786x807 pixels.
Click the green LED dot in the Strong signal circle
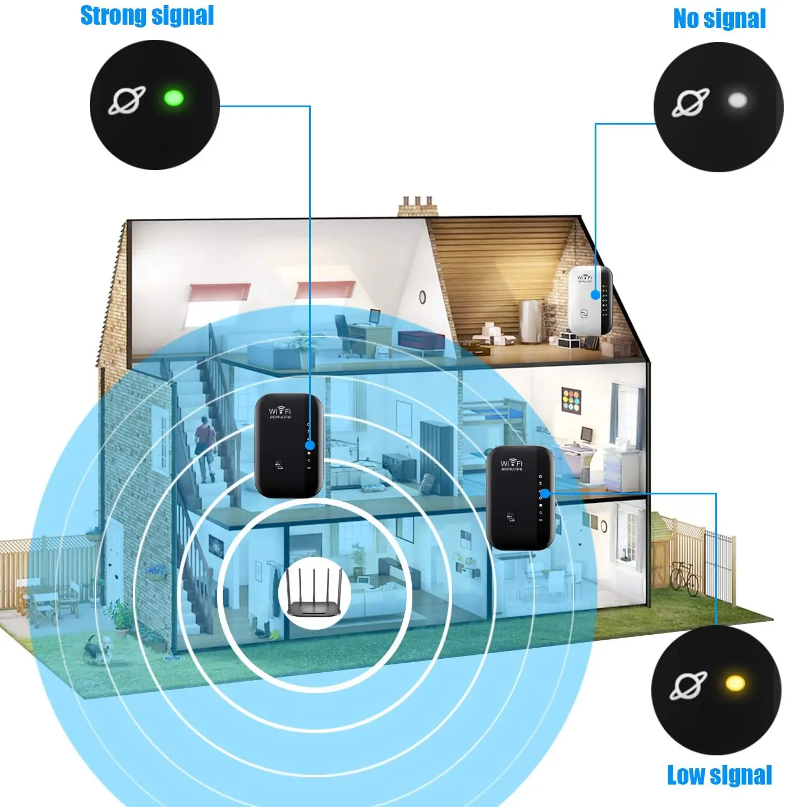[173, 98]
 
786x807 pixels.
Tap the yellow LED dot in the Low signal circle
[735, 683]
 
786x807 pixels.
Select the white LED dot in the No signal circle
[737, 100]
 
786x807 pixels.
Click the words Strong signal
[147, 15]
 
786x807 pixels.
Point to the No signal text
[719, 19]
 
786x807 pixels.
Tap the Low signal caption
[719, 775]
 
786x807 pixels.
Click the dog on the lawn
[98, 650]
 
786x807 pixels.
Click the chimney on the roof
[418, 207]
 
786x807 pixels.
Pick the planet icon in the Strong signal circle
[127, 100]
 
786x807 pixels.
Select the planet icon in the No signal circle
[691, 103]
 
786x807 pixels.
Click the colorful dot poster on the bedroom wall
[571, 400]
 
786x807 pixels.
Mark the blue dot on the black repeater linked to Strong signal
[310, 446]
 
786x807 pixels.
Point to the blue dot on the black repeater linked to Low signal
[544, 494]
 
